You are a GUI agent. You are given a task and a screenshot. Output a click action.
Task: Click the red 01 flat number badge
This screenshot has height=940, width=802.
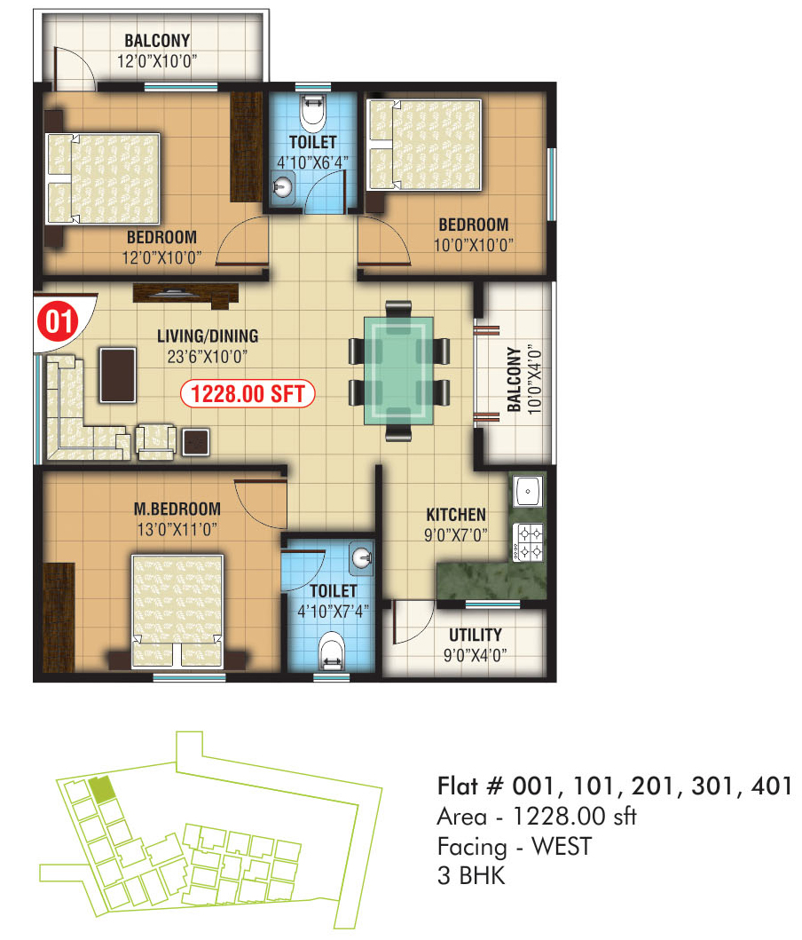pos(58,320)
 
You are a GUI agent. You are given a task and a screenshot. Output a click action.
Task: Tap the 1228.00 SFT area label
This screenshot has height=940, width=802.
pos(248,394)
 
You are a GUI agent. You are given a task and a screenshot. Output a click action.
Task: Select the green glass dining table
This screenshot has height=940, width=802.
pos(398,371)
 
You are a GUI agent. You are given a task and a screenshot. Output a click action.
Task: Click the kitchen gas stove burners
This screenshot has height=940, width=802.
pos(528,542)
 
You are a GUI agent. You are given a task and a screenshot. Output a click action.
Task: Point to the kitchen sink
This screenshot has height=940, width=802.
pos(528,491)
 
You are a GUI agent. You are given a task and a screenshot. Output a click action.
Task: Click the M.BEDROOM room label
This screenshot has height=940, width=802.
pos(177,509)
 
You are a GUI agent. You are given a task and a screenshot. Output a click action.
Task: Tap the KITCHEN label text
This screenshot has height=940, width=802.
pos(456,514)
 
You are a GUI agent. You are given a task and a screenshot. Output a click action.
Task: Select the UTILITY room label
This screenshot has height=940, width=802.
pos(476,635)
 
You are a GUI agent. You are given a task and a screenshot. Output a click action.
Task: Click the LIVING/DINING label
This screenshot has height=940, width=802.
pos(208,336)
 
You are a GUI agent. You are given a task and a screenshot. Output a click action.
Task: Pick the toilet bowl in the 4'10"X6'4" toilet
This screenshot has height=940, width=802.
pos(311,114)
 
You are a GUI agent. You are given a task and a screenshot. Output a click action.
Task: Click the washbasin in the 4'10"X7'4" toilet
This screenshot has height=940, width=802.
pos(362,558)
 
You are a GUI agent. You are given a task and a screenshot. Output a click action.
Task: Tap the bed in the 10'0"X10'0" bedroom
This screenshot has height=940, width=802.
pos(425,145)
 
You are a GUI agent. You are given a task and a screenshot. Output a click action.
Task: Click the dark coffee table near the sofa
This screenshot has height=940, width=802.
pos(117,375)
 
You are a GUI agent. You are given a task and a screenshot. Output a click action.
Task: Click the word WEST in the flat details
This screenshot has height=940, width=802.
pos(562,847)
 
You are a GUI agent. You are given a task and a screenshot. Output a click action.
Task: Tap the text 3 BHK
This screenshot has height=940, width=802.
pos(471,876)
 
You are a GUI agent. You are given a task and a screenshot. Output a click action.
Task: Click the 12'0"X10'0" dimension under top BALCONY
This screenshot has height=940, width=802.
pos(157,61)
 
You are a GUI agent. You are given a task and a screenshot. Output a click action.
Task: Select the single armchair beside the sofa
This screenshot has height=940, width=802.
pos(156,442)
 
